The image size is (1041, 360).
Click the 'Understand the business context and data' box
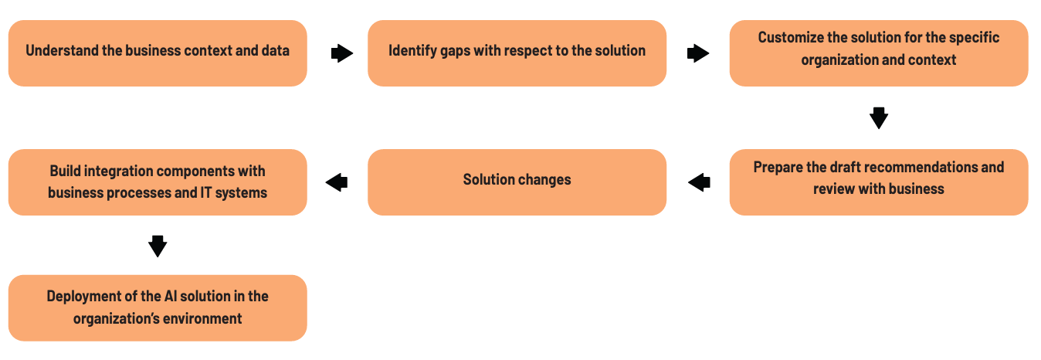[x=158, y=53]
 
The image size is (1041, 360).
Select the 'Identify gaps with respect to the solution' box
[x=517, y=53]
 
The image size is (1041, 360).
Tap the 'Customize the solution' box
[x=879, y=53]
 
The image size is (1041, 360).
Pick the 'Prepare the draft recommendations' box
[x=879, y=182]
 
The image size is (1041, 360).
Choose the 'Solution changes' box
[x=517, y=182]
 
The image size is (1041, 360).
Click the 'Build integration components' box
[x=158, y=182]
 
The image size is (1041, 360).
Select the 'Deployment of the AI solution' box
[x=158, y=308]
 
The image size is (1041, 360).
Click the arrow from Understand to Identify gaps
[x=342, y=53]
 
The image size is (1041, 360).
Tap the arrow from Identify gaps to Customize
[x=698, y=53]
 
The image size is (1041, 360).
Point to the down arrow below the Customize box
[x=879, y=118]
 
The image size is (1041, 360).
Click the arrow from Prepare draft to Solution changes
[x=699, y=182]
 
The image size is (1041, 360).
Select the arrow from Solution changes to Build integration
[x=337, y=182]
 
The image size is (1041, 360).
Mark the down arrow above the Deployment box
[x=158, y=246]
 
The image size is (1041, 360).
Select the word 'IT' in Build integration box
[x=206, y=192]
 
